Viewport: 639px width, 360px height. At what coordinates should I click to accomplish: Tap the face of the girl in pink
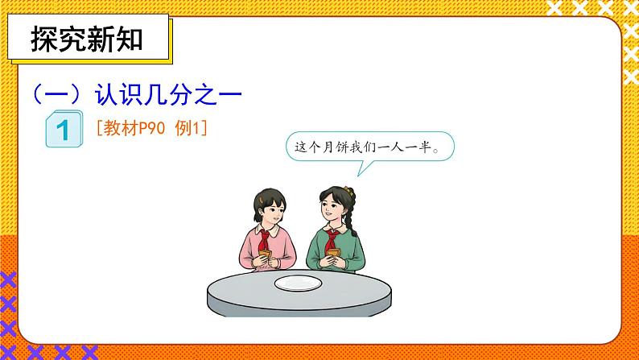270,215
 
